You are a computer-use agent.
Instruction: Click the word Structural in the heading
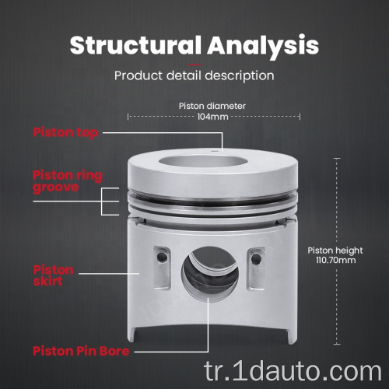click(x=135, y=45)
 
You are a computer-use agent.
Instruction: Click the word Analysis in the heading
click(x=263, y=47)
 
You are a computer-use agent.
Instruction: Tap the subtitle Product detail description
click(x=194, y=76)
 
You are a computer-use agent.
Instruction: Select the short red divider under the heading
click(x=194, y=65)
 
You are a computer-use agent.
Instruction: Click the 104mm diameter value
click(x=212, y=117)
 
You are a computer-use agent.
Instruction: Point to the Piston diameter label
click(x=212, y=106)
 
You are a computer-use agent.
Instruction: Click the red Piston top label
click(x=65, y=133)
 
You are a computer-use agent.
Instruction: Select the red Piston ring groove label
click(x=68, y=181)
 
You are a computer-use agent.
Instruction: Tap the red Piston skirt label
click(x=54, y=275)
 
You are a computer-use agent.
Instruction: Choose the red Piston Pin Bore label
click(x=81, y=352)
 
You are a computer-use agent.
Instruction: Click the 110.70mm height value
click(x=335, y=260)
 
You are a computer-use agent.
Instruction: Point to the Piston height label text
click(x=335, y=251)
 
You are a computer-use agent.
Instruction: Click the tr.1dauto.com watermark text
click(x=293, y=371)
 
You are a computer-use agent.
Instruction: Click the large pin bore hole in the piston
click(x=209, y=273)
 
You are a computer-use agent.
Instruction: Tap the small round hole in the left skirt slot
click(x=163, y=258)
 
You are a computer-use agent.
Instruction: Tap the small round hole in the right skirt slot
click(x=256, y=258)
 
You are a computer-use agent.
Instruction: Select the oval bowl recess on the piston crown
click(x=203, y=162)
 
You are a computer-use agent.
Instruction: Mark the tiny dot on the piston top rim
click(x=214, y=151)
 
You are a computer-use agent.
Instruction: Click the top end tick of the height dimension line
click(x=337, y=158)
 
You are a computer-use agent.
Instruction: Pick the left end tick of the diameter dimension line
click(x=128, y=117)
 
